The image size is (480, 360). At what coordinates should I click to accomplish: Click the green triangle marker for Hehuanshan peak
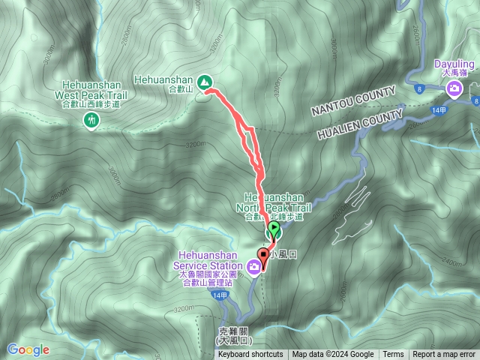[x=204, y=80]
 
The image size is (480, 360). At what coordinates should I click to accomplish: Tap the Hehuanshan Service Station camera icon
[x=255, y=265]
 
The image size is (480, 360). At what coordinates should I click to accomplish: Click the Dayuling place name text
[x=454, y=64]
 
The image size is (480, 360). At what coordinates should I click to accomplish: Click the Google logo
[x=28, y=349]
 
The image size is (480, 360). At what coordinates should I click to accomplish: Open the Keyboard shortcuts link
[x=250, y=355]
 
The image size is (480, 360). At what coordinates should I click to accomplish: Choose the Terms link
[x=393, y=355]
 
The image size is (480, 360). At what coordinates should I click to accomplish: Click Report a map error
[x=445, y=355]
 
